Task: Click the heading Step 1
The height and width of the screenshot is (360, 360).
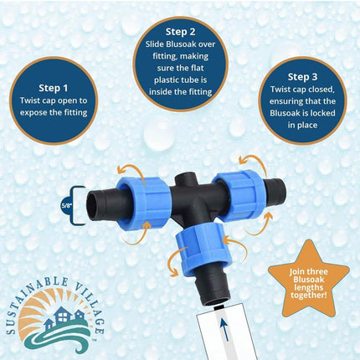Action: click(x=54, y=88)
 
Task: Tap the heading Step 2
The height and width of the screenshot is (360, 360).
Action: click(x=180, y=32)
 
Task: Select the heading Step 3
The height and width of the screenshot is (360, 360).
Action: click(x=302, y=77)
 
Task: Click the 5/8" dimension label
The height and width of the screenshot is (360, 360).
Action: click(x=67, y=206)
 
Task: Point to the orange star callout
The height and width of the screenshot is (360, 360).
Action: click(x=308, y=282)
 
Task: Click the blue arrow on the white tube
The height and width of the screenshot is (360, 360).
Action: click(x=224, y=331)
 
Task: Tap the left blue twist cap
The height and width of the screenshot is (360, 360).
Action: click(x=142, y=203)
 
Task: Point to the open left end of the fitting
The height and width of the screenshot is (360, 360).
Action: click(x=93, y=206)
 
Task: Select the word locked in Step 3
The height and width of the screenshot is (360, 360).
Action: click(x=321, y=113)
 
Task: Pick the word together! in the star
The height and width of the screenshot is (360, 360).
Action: click(x=308, y=295)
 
